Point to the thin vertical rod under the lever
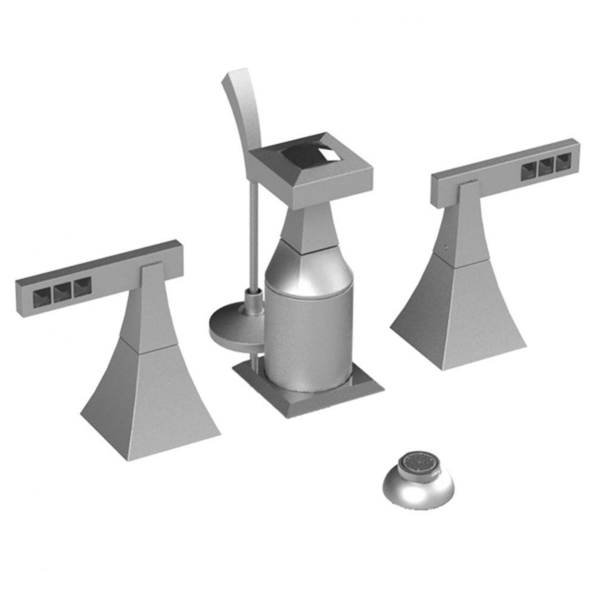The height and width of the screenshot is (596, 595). pos(255,232)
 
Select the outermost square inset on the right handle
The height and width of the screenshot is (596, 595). pos(563,162)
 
